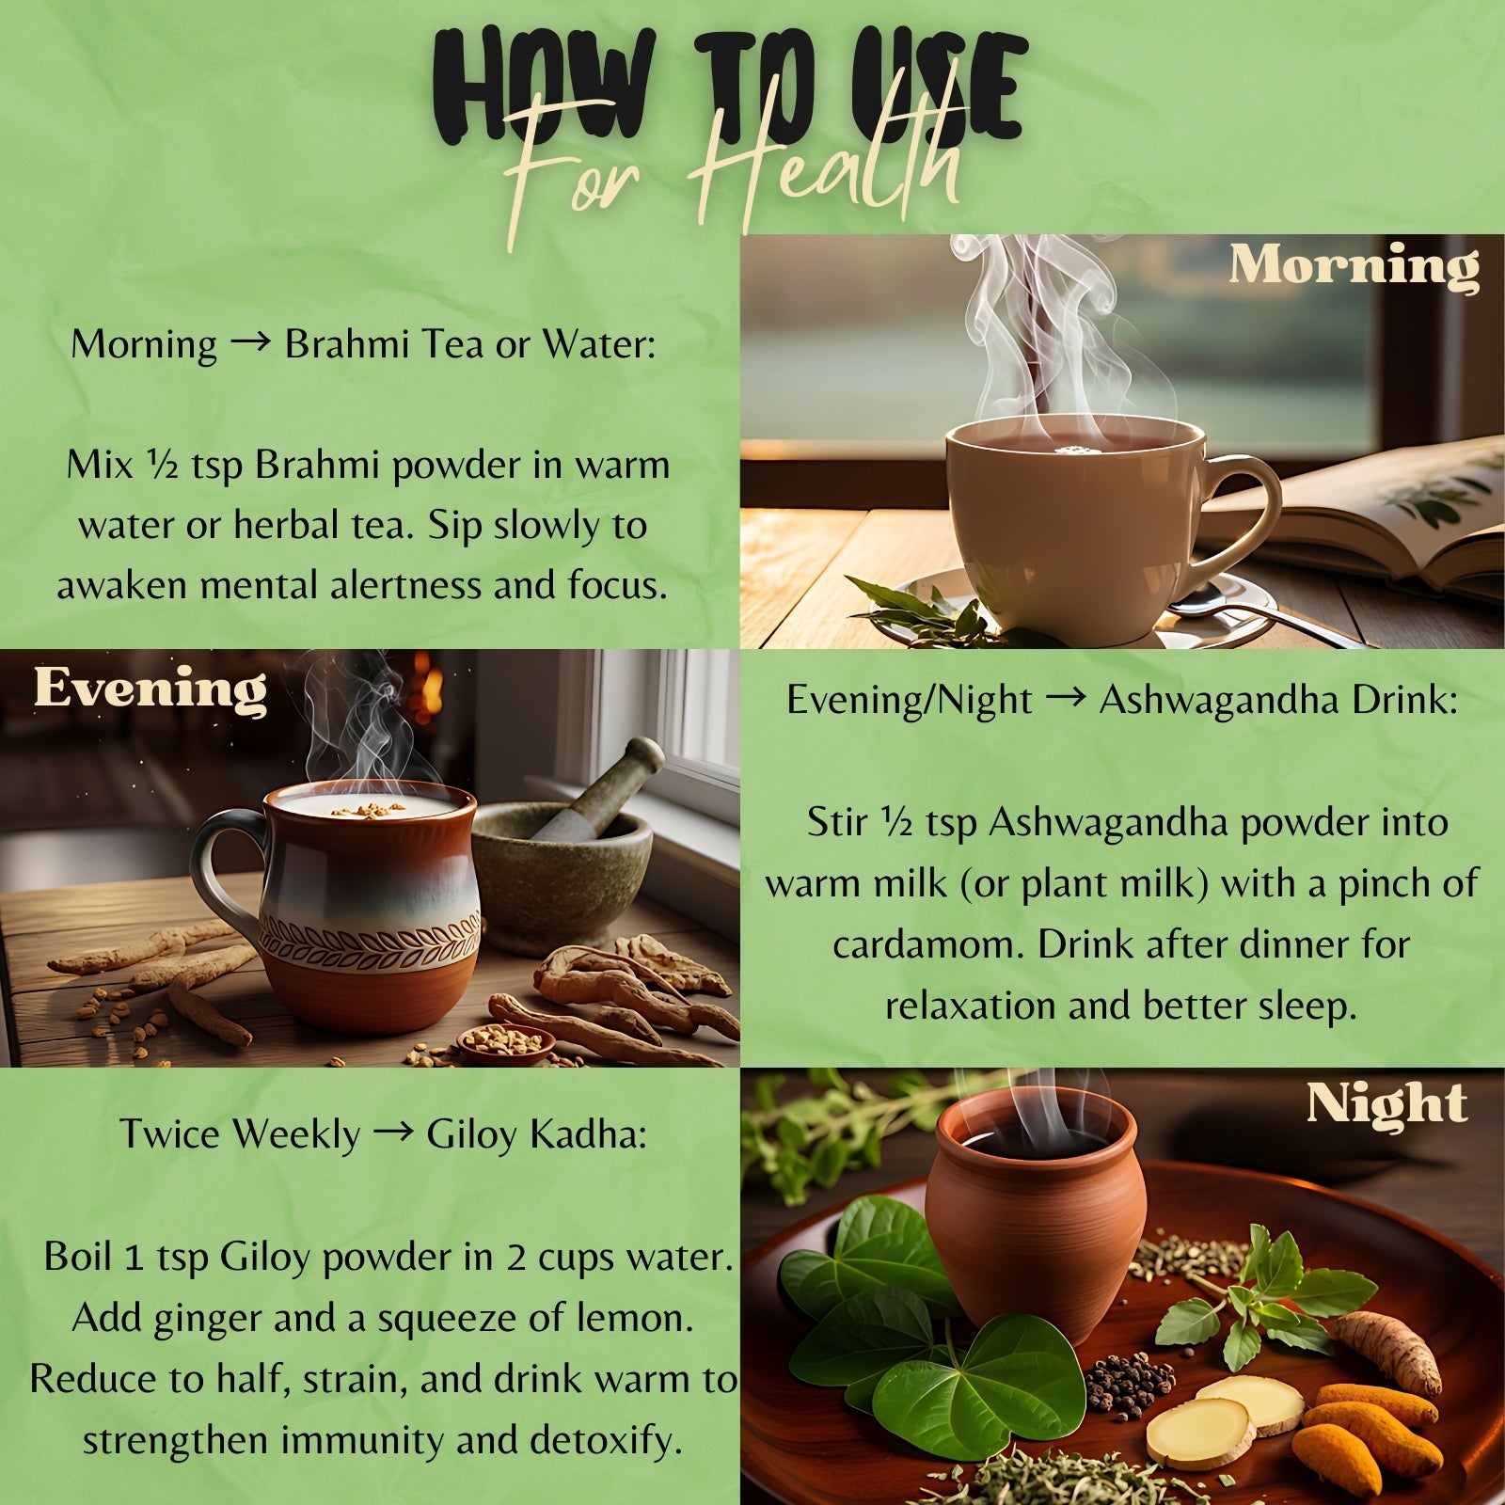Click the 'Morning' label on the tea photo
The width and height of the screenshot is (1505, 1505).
click(1354, 266)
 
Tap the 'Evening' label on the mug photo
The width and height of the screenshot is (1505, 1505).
click(150, 689)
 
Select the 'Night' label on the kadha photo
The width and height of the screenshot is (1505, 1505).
click(1386, 1103)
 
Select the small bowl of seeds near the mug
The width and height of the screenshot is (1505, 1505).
click(505, 1043)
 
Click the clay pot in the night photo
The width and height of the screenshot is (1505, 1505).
click(1035, 1213)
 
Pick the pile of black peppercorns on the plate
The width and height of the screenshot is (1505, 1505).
click(1129, 1382)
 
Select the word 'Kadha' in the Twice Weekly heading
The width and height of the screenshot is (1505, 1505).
click(589, 1134)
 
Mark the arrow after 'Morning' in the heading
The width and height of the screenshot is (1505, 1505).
click(249, 343)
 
